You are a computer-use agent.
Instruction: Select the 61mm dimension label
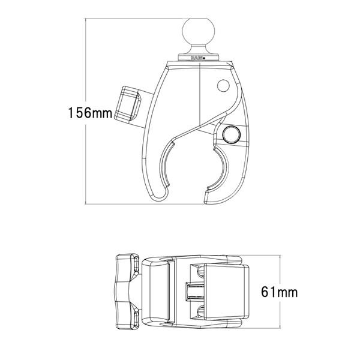pos(280,293)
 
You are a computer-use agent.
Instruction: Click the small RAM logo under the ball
pos(196,58)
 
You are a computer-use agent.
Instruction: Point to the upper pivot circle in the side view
pos(223,86)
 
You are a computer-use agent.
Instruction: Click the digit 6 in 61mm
pos(266,293)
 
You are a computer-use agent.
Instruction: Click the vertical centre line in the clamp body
pos(199,96)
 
